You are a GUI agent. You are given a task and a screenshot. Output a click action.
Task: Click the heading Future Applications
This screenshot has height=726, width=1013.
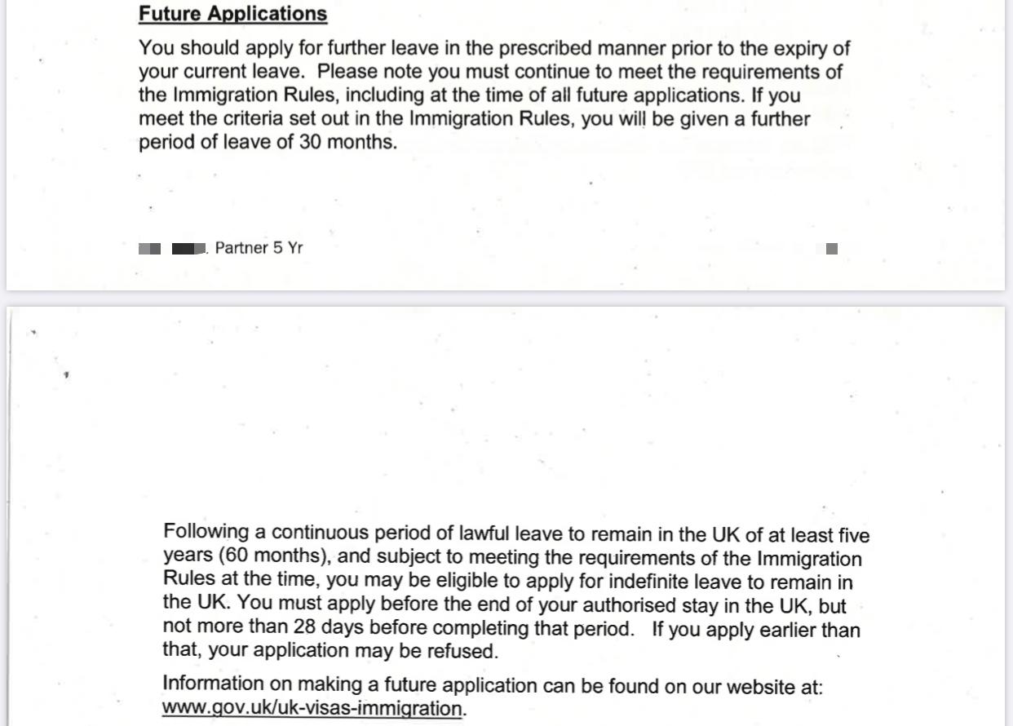pyautogui.click(x=232, y=14)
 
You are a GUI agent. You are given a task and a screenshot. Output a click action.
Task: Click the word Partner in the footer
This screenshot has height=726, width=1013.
pyautogui.click(x=241, y=248)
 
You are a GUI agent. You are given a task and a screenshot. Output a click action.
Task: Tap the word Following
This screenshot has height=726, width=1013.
pyautogui.click(x=207, y=533)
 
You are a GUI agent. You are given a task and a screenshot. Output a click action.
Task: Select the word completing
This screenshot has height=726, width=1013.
pyautogui.click(x=483, y=629)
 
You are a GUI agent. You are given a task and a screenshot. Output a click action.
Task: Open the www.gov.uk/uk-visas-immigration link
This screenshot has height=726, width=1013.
pyautogui.click(x=312, y=708)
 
